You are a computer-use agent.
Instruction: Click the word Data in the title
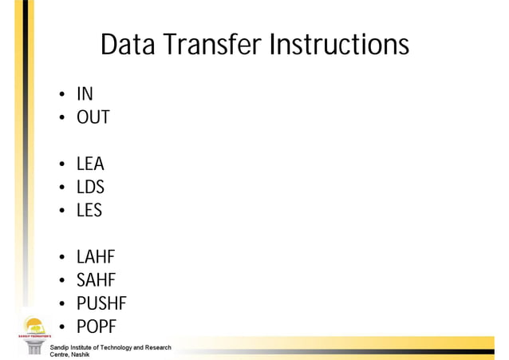128,45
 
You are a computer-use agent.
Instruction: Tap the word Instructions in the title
338,45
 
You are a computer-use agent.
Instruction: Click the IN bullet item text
85,95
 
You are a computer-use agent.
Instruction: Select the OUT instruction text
93,118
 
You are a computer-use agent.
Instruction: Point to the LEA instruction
90,165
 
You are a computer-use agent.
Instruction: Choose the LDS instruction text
90,188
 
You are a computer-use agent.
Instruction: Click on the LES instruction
89,212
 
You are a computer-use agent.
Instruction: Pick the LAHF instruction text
96,258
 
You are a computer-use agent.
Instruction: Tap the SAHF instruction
97,281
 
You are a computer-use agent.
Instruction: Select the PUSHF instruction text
101,304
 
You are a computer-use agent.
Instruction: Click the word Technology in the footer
117,347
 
